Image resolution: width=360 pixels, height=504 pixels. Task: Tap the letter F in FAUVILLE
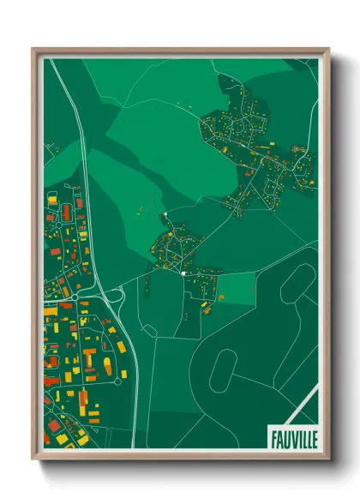(273, 438)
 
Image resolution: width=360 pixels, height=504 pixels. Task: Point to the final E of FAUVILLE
(314, 438)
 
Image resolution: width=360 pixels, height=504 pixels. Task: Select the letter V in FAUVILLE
(291, 438)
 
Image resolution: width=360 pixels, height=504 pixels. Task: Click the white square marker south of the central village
(183, 273)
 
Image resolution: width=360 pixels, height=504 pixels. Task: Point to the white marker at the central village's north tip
(163, 213)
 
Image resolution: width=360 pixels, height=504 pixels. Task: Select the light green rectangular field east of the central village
(237, 286)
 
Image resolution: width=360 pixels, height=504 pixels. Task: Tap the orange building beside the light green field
(220, 297)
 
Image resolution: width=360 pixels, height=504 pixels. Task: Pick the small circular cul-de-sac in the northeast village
(299, 150)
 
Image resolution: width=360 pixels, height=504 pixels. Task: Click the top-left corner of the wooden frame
(33, 49)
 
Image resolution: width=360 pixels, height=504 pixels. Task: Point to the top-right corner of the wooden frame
(329, 49)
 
